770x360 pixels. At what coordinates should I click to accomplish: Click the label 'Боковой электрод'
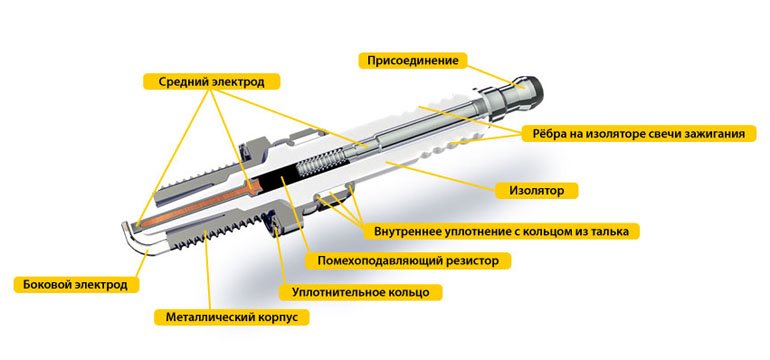pyautogui.click(x=75, y=285)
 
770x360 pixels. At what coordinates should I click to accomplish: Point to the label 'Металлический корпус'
pyautogui.click(x=231, y=317)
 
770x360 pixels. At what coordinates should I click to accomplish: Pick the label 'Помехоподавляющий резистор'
pyautogui.click(x=407, y=261)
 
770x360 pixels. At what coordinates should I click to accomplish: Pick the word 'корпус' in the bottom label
pyautogui.click(x=279, y=317)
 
